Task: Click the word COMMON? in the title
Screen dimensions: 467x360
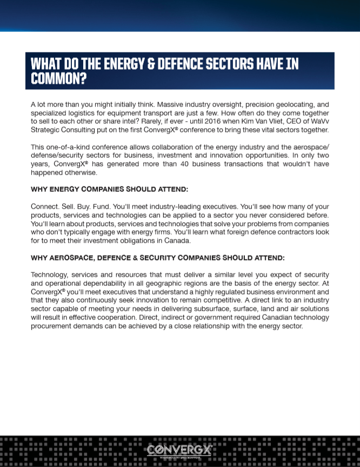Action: [59, 79]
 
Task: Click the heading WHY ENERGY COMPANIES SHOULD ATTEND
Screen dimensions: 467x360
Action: [109, 190]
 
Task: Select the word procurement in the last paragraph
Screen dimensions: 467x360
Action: [51, 326]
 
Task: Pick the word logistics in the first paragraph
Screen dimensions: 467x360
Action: [82, 112]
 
